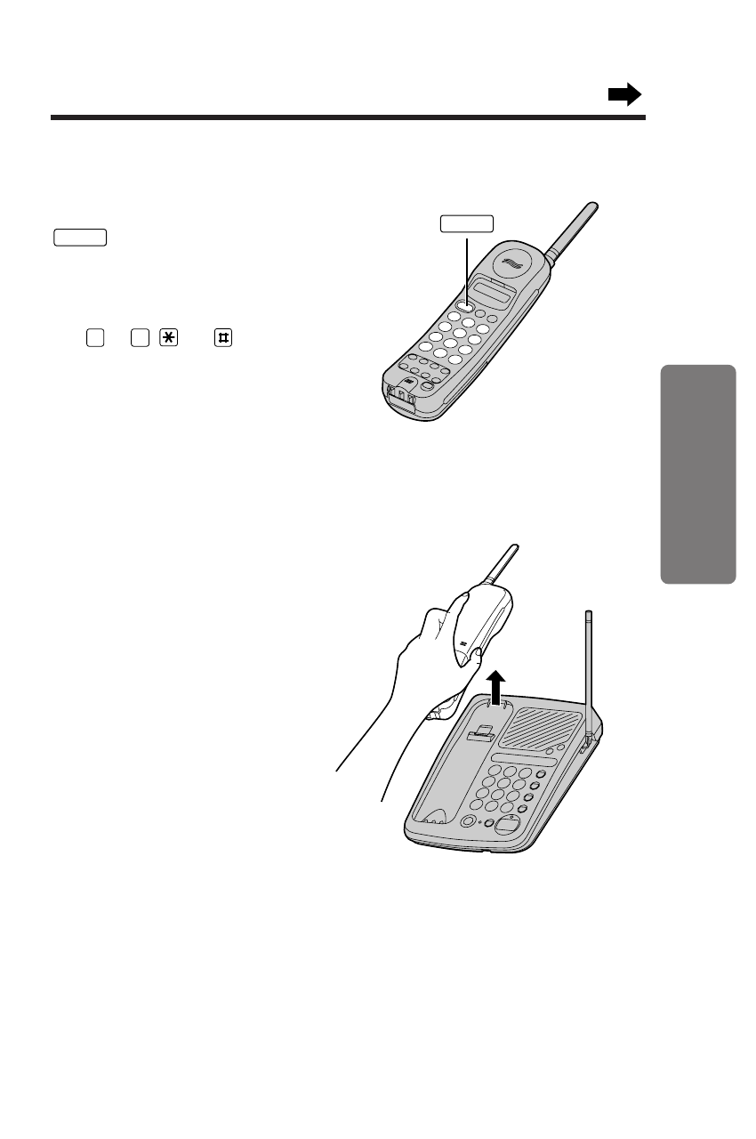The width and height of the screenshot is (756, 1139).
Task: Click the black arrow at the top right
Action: click(x=624, y=94)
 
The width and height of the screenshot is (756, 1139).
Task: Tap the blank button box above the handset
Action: click(x=467, y=223)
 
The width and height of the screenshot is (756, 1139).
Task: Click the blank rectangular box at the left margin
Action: click(x=80, y=237)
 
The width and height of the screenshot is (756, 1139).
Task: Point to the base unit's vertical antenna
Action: click(x=588, y=667)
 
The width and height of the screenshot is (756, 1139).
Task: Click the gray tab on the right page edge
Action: click(x=699, y=473)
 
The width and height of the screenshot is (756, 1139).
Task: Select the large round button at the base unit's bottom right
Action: click(x=508, y=823)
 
